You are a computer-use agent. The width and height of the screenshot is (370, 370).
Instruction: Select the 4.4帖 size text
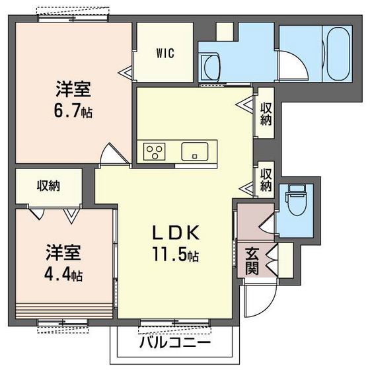coord(64,272)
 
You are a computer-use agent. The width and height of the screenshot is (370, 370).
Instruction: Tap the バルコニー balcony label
coord(175,344)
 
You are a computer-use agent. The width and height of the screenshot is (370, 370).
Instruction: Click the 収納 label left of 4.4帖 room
coord(48,186)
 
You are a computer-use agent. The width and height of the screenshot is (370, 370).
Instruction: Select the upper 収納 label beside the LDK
coord(266,114)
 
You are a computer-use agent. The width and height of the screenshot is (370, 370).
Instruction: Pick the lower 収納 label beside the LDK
coord(266,180)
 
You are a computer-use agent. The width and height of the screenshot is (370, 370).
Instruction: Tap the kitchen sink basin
coord(195,151)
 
